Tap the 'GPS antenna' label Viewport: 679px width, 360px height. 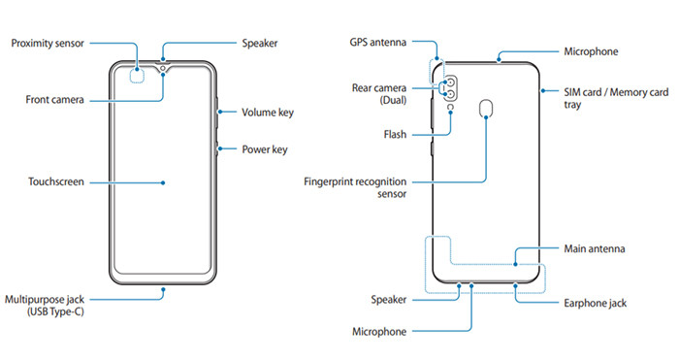click(377, 43)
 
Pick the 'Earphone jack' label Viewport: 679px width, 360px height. click(595, 304)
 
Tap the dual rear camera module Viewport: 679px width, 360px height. click(452, 89)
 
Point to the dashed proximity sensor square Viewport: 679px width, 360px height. click(144, 72)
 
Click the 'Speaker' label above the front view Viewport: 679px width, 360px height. click(262, 44)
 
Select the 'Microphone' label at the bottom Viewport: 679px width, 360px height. click(379, 332)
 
